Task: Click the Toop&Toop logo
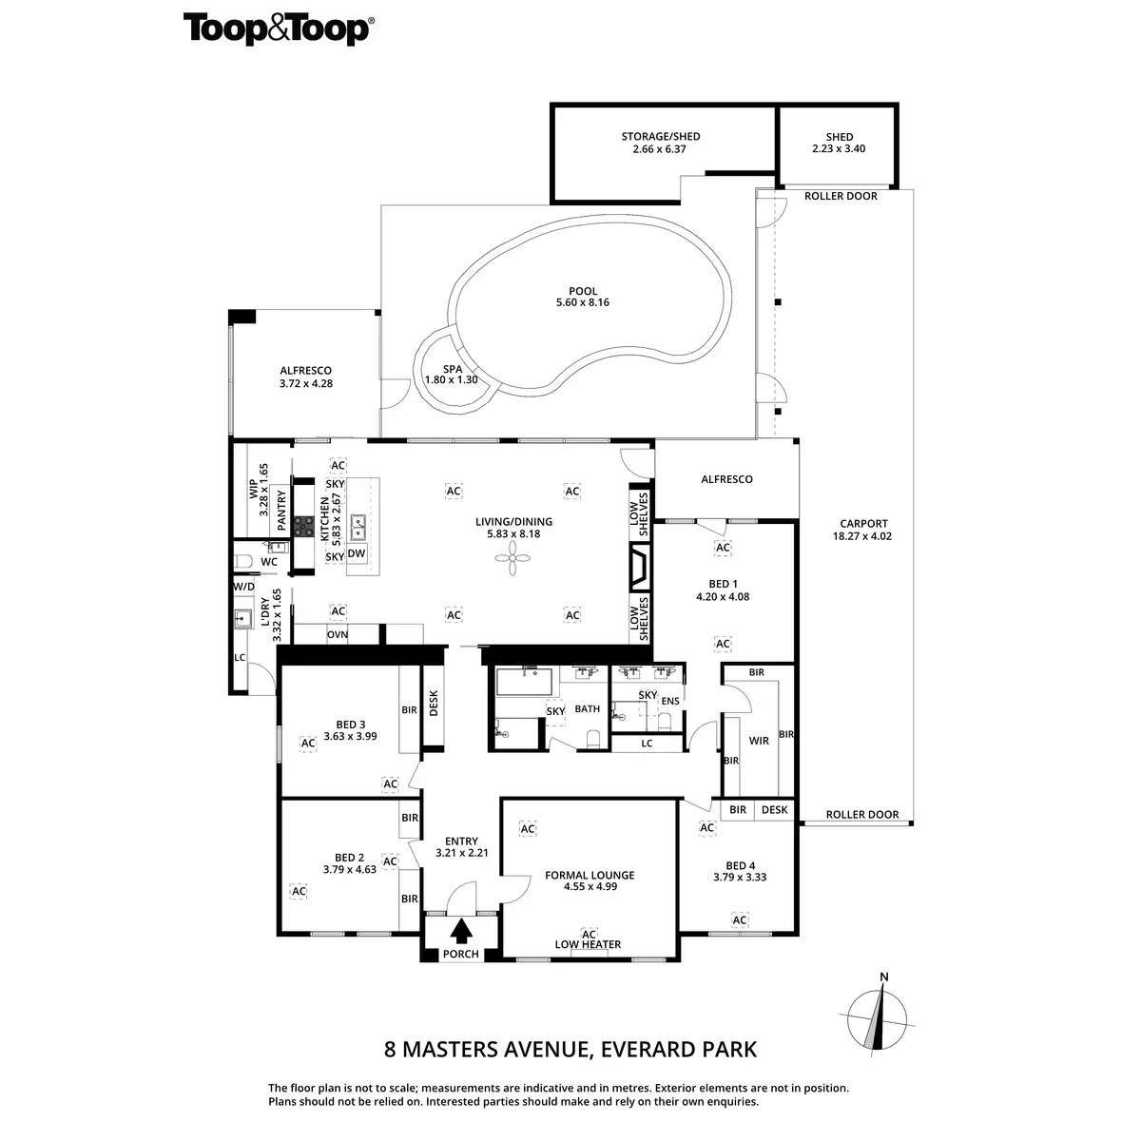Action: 279,29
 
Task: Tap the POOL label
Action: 583,291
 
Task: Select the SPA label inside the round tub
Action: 453,369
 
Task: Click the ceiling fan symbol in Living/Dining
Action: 512,557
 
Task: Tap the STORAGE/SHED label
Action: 660,136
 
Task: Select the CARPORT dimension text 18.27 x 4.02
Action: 862,536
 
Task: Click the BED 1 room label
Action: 723,584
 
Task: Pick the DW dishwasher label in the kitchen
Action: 357,553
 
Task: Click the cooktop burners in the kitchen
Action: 304,527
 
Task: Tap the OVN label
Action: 338,635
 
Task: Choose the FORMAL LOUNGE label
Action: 590,875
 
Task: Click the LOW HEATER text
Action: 588,944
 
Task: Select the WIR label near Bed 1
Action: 759,741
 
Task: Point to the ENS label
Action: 670,701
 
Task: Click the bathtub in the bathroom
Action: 524,682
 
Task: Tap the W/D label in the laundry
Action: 244,587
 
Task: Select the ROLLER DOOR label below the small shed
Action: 841,196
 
